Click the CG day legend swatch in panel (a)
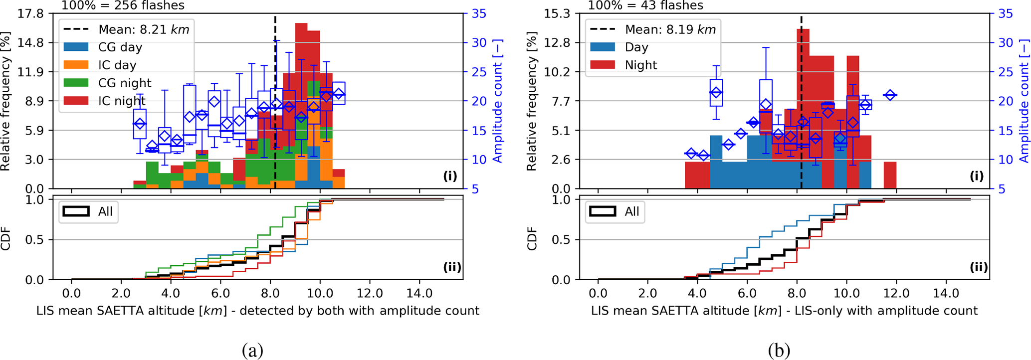[76, 47]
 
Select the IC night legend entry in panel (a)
[122, 101]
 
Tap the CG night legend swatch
[76, 83]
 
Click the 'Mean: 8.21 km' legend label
[144, 29]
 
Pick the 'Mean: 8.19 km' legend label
[670, 29]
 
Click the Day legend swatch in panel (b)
[603, 47]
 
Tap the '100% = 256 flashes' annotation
[123, 5]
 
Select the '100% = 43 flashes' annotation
[645, 5]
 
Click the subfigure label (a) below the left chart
[252, 351]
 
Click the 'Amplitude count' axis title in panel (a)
[497, 101]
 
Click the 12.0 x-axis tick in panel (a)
[370, 293]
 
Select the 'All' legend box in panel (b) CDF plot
[615, 211]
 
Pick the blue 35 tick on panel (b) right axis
[1006, 13]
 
